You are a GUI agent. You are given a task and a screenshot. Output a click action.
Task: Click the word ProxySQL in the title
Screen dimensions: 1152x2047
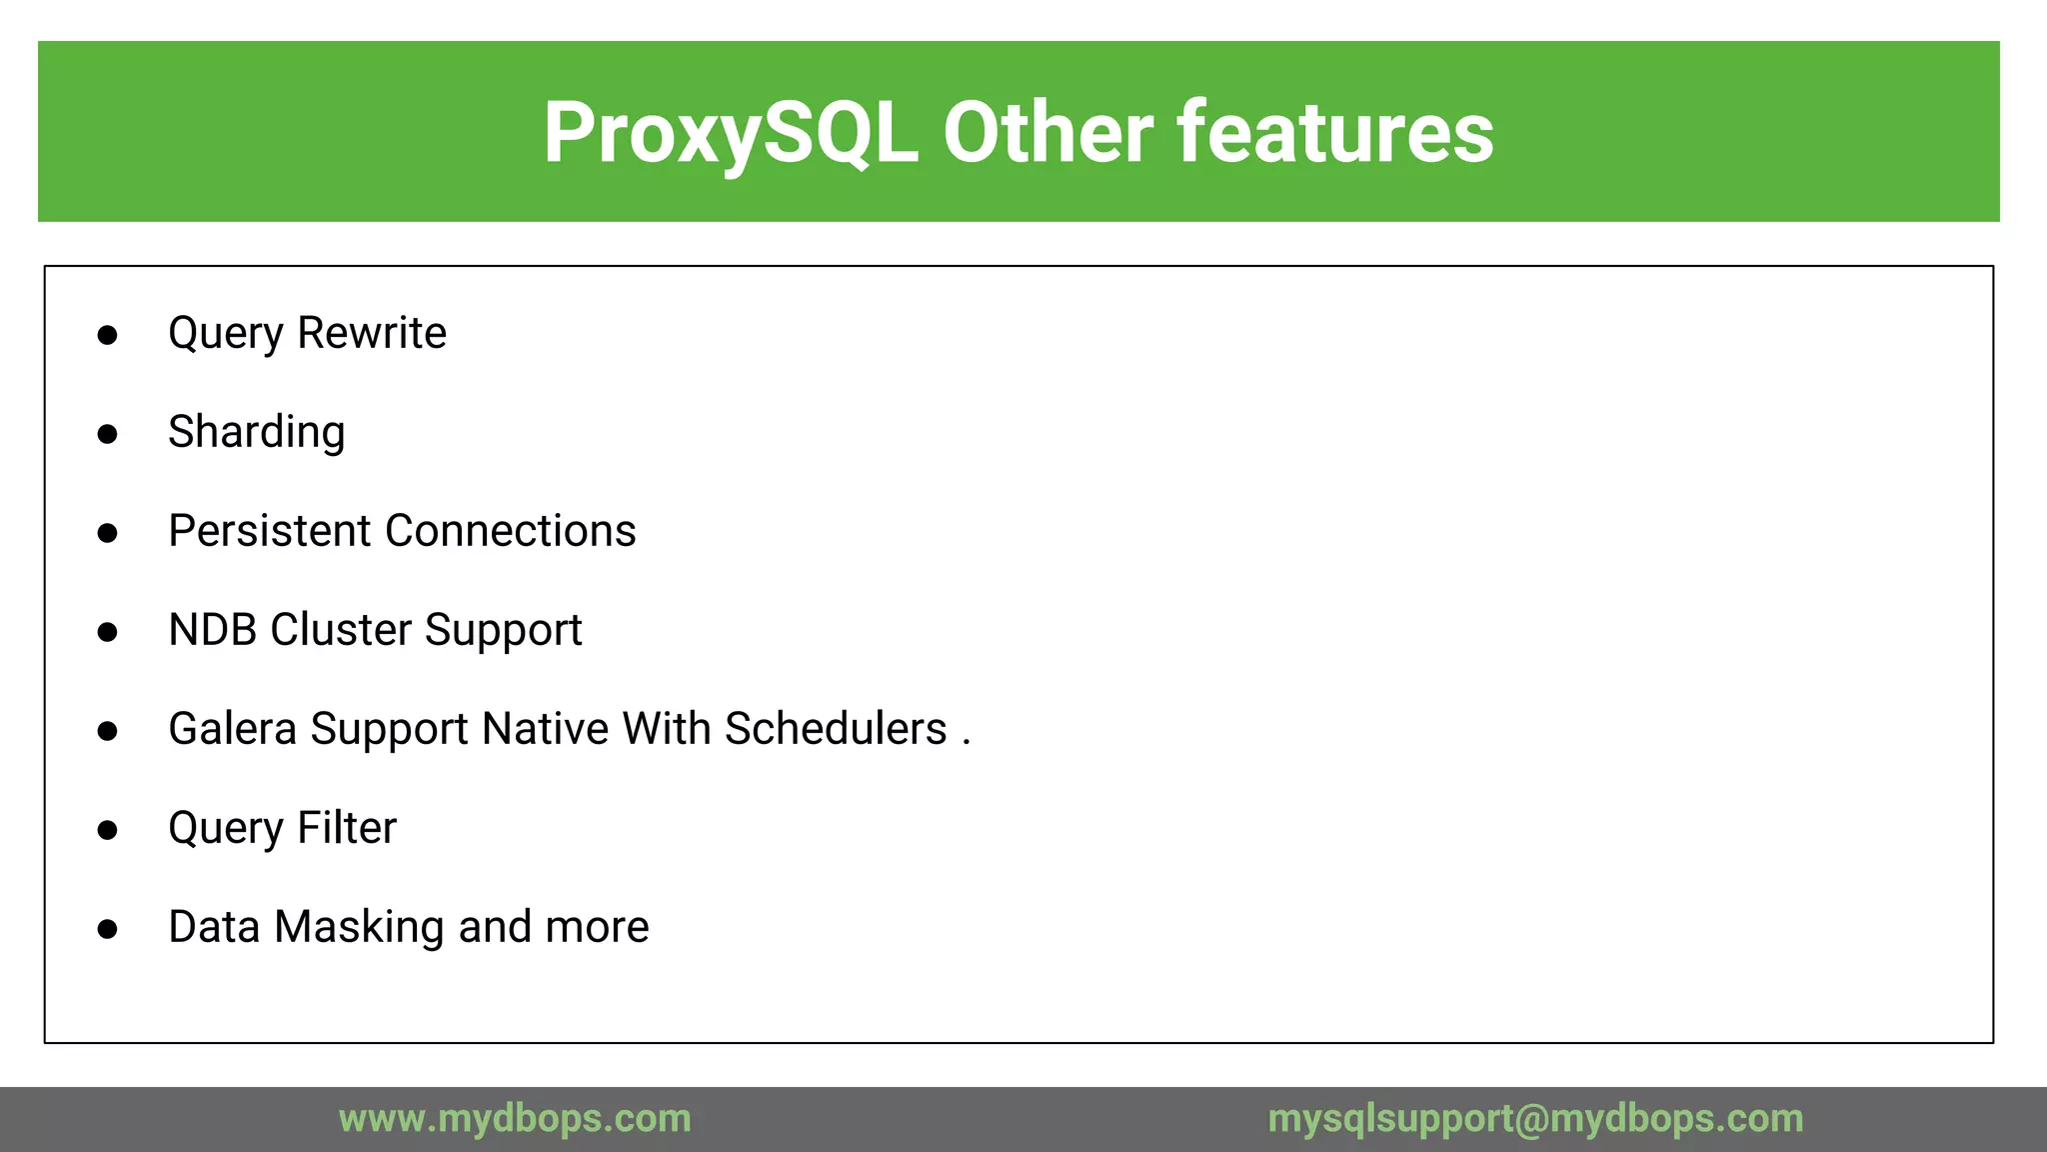731,133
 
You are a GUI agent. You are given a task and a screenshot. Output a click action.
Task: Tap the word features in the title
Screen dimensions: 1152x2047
1336,133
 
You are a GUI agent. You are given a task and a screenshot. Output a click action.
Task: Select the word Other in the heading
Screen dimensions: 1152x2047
1047,133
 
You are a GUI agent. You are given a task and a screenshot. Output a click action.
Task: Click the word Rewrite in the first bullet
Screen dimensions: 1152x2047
372,333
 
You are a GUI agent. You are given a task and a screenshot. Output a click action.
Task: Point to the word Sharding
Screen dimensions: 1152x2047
257,432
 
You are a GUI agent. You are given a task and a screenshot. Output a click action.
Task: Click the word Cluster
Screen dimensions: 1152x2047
341,630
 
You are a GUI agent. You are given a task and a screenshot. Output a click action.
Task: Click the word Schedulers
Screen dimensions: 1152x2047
836,729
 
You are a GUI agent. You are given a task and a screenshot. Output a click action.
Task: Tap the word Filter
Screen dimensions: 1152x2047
347,828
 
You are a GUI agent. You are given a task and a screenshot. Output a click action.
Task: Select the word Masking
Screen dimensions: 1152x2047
359,927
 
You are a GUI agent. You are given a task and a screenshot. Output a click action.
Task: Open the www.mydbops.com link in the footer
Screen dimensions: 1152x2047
515,1118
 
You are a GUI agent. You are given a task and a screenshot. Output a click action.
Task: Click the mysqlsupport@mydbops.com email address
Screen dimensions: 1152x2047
1535,1118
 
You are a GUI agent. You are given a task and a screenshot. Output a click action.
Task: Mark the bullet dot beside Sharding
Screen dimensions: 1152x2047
108,434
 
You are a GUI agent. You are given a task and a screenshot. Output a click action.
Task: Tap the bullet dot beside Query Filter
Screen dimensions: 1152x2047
108,830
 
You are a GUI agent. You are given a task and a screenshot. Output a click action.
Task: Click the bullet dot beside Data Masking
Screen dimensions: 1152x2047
108,929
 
